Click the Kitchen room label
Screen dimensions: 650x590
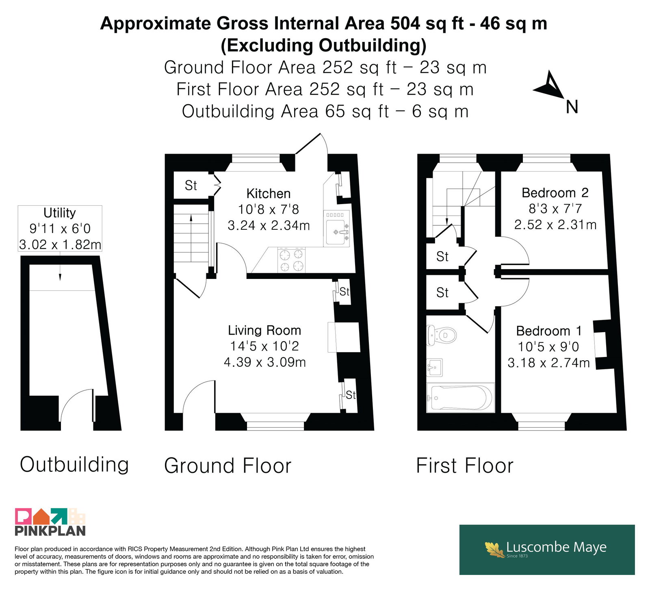point(269,194)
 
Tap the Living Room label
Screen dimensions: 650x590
point(264,331)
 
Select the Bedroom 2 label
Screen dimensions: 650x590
point(555,193)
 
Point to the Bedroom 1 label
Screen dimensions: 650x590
point(549,331)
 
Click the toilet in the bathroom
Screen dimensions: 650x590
point(441,335)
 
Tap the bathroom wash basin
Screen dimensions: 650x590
point(435,368)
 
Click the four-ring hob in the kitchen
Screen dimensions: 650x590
point(291,260)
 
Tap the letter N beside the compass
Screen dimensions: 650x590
point(572,107)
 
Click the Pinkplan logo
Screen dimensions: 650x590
point(50,522)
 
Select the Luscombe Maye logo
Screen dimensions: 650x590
point(547,549)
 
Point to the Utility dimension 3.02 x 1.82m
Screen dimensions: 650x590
point(60,244)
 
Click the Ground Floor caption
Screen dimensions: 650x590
point(228,466)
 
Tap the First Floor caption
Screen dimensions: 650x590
point(465,466)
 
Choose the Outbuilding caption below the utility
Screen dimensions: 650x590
point(74,464)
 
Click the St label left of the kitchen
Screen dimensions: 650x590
point(191,185)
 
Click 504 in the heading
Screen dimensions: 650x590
point(405,24)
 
